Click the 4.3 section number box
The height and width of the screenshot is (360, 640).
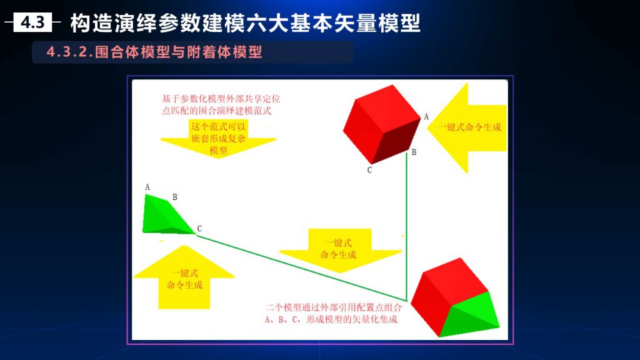(32, 22)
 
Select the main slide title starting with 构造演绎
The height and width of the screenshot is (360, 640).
(245, 23)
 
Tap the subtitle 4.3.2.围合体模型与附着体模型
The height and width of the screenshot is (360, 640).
(154, 52)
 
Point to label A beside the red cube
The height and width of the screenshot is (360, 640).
(426, 117)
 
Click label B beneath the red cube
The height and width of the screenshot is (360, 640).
(414, 152)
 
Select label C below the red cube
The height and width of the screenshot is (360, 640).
(369, 170)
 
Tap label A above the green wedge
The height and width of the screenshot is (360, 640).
(147, 187)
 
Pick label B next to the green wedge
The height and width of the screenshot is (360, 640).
(175, 197)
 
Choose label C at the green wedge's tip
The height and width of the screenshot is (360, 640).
(199, 229)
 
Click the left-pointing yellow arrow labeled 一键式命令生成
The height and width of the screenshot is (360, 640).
(467, 127)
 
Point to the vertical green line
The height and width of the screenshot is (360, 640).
(406, 227)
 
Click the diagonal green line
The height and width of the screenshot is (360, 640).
(301, 268)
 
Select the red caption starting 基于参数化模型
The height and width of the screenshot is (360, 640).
(221, 105)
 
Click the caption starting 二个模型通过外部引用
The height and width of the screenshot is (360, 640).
(334, 314)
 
